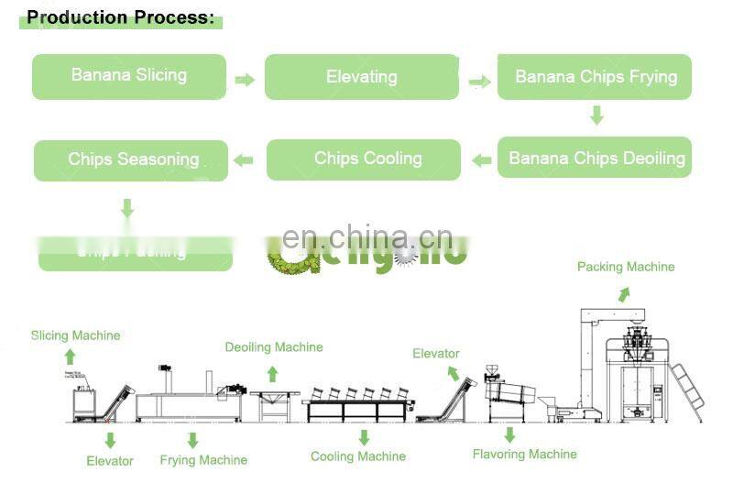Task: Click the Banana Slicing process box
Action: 129,76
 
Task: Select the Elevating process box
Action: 361,77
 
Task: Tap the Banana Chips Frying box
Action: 595,77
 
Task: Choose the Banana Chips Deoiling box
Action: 595,158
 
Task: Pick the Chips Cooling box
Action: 364,159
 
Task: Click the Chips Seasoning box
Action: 131,159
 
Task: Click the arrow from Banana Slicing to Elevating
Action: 245,80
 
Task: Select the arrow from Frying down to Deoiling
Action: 596,115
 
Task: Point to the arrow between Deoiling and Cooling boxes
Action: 480,160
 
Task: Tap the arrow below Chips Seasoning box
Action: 127,209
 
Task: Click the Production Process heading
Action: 120,16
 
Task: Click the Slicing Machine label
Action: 75,335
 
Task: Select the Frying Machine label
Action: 203,459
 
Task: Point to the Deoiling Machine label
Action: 274,347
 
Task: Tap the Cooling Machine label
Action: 357,456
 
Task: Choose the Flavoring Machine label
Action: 524,454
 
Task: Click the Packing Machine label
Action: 625,267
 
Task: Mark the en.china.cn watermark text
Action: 366,239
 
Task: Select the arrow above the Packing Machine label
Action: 623,294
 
